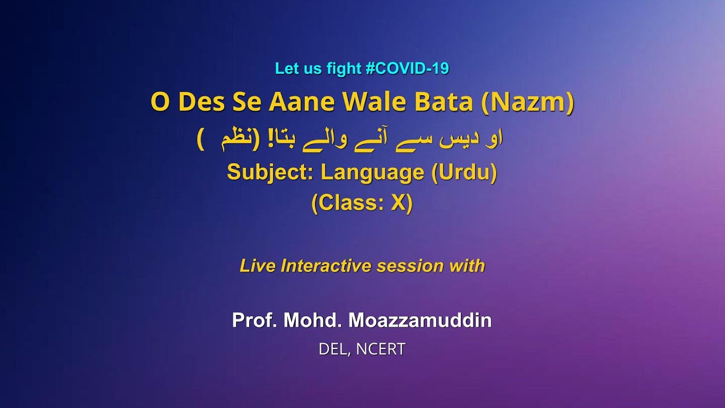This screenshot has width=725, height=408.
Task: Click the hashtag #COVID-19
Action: point(407,69)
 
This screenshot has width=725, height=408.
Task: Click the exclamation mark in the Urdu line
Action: point(254,138)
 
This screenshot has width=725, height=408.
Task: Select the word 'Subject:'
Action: point(270,172)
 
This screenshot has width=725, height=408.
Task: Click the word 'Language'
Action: point(372,172)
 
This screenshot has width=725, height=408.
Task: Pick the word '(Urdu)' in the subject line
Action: point(464,172)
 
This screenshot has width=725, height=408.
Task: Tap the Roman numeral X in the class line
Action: point(398,203)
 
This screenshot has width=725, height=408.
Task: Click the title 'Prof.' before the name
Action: point(255,321)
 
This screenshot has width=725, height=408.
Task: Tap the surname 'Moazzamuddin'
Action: point(420,321)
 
